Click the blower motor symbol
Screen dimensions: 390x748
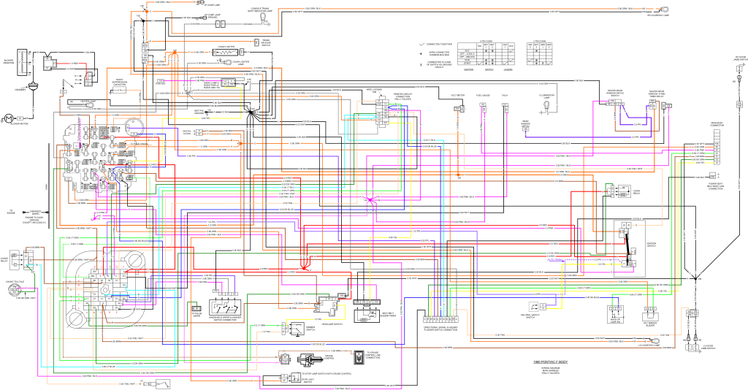(9, 118)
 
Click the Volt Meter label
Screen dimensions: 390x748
(458, 95)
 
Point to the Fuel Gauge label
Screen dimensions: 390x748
(483, 95)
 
